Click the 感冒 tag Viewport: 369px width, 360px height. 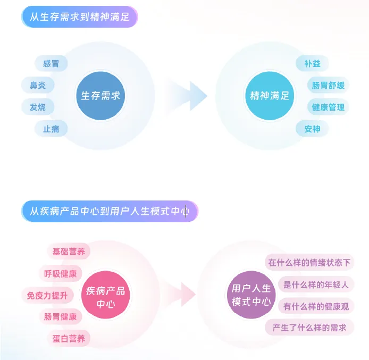pos(51,63)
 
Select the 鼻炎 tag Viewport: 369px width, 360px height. pos(38,85)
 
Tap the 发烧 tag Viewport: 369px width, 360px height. pos(38,107)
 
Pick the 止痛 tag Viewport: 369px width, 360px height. pos(51,129)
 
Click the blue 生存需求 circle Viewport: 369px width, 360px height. pos(100,96)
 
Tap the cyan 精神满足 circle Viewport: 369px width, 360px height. pos(270,96)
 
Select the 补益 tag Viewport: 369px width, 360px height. pos(312,64)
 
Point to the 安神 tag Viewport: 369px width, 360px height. pos(312,129)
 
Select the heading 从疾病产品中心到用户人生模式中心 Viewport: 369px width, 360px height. pos(110,211)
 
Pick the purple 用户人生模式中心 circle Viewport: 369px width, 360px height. pos(251,295)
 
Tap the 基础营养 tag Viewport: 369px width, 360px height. pos(69,252)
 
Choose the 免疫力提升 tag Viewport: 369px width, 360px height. pos(47,295)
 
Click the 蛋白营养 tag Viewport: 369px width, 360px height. pos(69,338)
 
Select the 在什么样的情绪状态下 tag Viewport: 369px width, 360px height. pos(309,262)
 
